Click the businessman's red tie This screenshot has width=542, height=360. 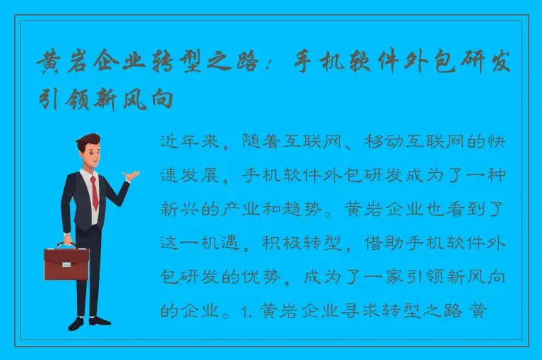pyautogui.click(x=94, y=191)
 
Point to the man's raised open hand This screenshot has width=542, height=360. pyautogui.click(x=132, y=174)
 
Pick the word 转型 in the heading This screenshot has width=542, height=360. pyautogui.click(x=192, y=66)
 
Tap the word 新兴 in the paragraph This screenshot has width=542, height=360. pyautogui.click(x=181, y=209)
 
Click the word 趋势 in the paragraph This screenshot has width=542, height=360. pyautogui.click(x=314, y=209)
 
